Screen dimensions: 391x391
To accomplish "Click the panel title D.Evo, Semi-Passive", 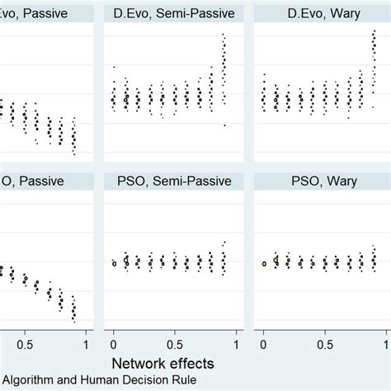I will (x=174, y=13).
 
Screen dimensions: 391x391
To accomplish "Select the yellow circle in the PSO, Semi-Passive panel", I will (x=125, y=260).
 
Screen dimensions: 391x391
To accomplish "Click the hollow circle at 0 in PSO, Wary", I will (x=263, y=264).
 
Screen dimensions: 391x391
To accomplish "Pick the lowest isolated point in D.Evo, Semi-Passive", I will (x=224, y=125).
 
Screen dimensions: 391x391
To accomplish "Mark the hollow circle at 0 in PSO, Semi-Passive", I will (x=113, y=264).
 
